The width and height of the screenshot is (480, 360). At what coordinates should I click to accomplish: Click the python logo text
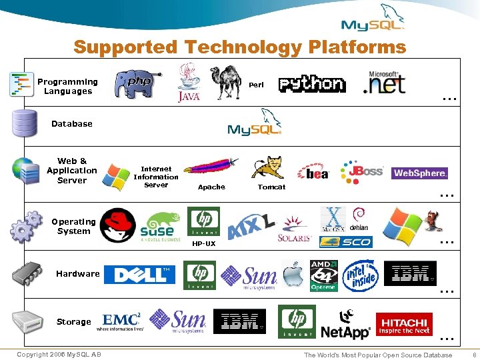point(312,84)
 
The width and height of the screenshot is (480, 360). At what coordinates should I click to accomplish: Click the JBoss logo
point(362,171)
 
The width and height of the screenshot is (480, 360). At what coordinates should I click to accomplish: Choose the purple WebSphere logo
point(419,173)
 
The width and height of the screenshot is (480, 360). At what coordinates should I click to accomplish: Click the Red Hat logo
point(117,225)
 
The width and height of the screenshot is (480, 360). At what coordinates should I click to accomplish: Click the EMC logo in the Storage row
point(121,321)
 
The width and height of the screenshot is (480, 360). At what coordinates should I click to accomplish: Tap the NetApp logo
point(345,323)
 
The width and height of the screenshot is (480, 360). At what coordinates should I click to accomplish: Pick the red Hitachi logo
point(404,324)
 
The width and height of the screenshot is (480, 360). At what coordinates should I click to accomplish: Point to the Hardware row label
point(78,273)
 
